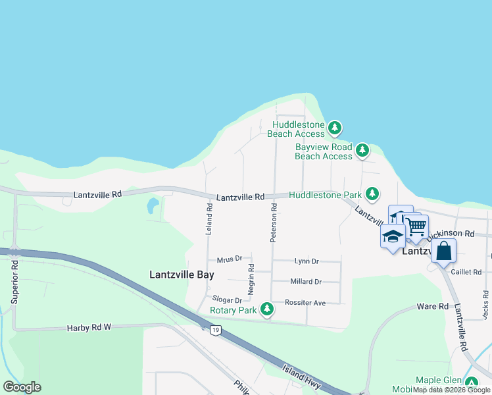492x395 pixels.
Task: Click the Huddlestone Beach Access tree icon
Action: (335, 126)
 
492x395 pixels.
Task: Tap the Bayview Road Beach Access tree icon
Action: (362, 151)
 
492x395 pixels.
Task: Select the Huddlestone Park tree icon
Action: (372, 194)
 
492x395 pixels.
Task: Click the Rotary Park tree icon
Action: (266, 308)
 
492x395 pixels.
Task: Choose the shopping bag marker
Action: (444, 251)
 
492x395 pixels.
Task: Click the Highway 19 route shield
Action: (214, 330)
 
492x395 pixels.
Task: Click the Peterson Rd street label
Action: (274, 223)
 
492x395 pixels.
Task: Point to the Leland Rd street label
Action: (209, 219)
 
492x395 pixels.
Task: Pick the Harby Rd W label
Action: (90, 327)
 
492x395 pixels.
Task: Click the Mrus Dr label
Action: (230, 259)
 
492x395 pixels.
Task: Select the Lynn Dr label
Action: (307, 261)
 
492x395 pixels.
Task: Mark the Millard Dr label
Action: (306, 282)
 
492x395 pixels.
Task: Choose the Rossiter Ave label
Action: (305, 303)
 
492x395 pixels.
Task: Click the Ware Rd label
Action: (433, 307)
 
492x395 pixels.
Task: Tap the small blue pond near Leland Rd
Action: (153, 206)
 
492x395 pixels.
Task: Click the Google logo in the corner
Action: (22, 387)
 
